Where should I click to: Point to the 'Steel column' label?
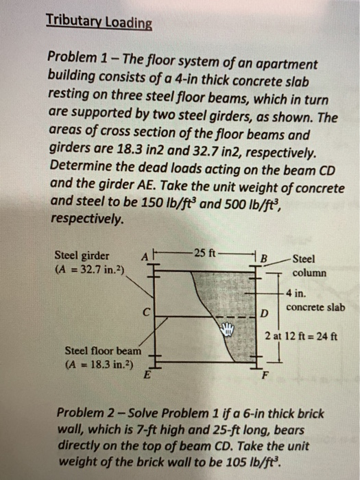pyautogui.click(x=303, y=265)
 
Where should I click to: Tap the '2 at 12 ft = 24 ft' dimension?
pyautogui.click(x=304, y=335)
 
